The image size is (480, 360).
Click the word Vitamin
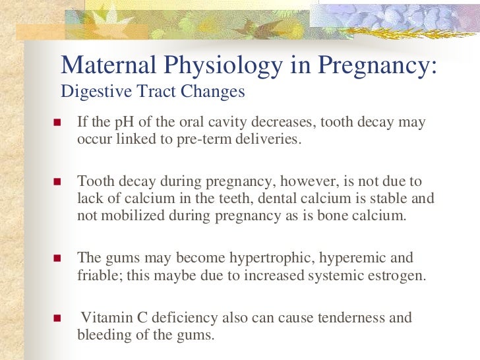(104, 318)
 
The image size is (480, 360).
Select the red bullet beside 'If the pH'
(57, 124)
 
